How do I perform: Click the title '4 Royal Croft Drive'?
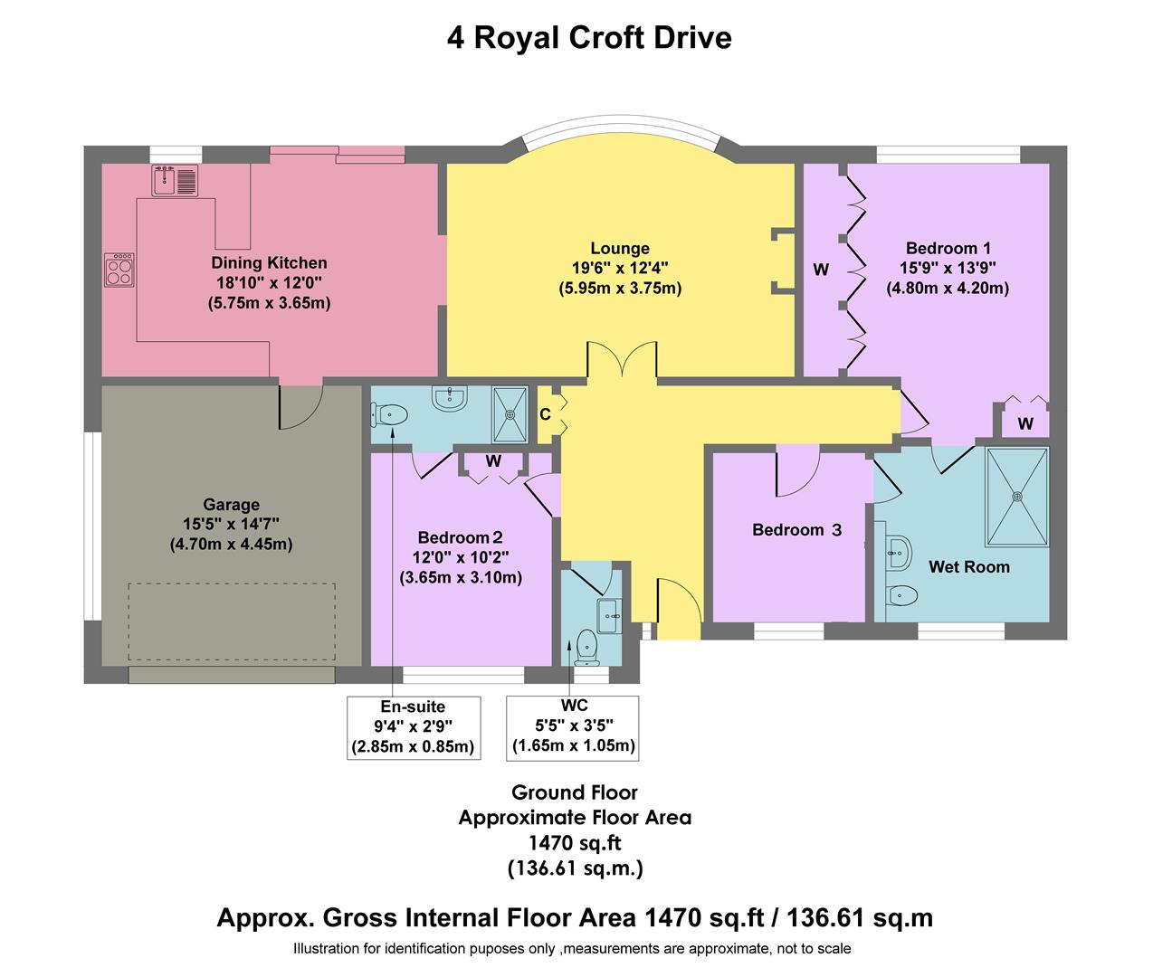point(588,38)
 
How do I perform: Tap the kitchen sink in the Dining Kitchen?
point(175,181)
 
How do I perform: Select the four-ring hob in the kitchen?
point(119,270)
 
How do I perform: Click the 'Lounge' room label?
point(620,249)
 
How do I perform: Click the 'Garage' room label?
point(231,505)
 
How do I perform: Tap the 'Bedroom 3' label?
point(796,530)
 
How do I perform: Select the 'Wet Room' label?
point(968,567)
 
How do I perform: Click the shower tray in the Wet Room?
point(1016,496)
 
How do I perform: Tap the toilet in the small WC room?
point(587,645)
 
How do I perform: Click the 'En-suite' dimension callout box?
point(413,727)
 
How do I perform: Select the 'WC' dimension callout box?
point(573,727)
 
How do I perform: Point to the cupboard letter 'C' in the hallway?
point(545,415)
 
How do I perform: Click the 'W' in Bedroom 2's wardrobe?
point(493,461)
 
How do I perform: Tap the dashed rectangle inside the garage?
point(232,622)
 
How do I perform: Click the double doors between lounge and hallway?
point(621,359)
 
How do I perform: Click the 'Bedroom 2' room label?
point(460,539)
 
